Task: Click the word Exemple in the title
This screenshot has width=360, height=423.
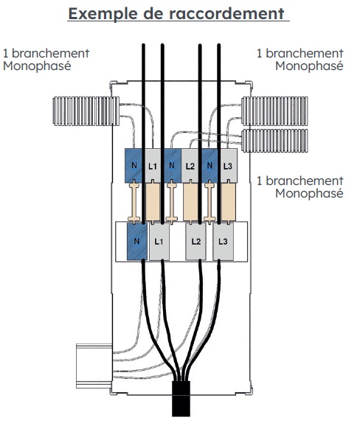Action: point(103,14)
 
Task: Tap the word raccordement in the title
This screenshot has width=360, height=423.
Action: point(226,14)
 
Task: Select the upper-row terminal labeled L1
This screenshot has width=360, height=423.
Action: point(153,166)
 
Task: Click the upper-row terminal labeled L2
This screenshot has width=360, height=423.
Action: point(190,166)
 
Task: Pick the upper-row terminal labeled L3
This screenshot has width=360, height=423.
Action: point(229,166)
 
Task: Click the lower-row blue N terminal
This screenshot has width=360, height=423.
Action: point(137,241)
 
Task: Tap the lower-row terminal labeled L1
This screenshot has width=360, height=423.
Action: point(159,241)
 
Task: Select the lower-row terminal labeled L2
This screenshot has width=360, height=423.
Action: point(195,241)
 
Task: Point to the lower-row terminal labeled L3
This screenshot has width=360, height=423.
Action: point(223,241)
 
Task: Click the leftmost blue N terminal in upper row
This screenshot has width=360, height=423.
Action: point(134,166)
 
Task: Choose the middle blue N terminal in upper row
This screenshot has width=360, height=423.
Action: point(173,166)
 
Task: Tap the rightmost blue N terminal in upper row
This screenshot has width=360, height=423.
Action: point(210,166)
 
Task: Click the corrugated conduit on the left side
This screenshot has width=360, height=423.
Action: point(86,111)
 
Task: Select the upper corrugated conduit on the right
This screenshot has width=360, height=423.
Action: point(274,111)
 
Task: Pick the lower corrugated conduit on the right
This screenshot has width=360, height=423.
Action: point(274,141)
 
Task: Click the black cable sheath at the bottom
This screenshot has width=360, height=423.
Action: point(181,399)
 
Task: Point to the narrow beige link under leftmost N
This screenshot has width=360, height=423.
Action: point(134,203)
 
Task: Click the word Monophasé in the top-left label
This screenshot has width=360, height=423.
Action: point(37,66)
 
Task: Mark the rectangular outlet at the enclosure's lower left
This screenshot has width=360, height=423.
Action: point(94,366)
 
